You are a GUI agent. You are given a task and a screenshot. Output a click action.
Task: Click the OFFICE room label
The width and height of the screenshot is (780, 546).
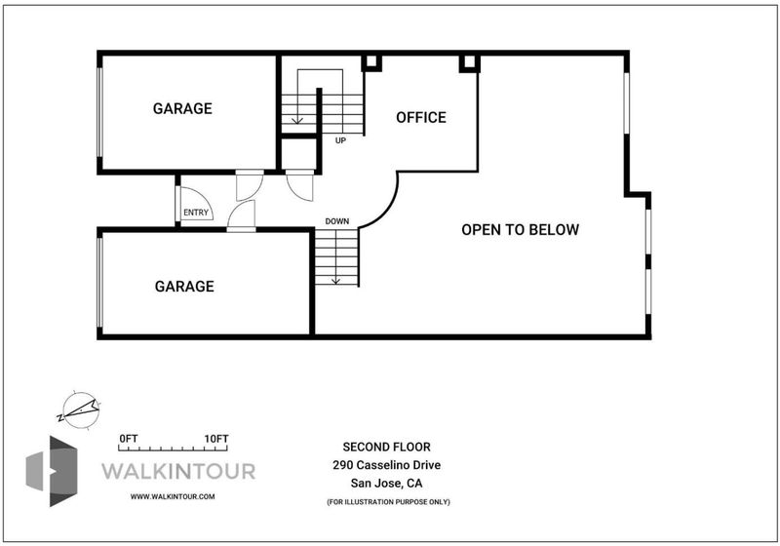point(421,117)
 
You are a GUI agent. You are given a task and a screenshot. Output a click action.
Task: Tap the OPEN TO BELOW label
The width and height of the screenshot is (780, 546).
point(521,230)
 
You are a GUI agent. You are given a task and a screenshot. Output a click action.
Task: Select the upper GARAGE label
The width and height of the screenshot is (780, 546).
point(182,108)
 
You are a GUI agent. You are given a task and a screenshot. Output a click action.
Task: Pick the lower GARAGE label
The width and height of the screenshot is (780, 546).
point(184,286)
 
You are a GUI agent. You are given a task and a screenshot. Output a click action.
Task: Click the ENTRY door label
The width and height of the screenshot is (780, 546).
point(196,213)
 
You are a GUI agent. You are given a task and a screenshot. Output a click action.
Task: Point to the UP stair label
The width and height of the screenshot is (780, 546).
point(340,140)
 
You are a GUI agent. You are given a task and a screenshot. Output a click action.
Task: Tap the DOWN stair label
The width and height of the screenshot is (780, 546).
point(337,221)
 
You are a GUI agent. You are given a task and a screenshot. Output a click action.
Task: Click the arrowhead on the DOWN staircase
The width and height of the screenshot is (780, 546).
point(335,282)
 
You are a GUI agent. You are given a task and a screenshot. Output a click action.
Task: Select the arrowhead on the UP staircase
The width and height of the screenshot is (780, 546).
point(297,120)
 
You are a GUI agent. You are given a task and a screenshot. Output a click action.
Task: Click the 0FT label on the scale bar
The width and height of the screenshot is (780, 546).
point(129,439)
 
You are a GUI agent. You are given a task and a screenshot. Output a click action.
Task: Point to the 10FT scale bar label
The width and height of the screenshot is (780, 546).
point(216,439)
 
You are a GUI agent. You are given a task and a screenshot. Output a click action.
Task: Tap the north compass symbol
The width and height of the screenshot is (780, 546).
point(80,410)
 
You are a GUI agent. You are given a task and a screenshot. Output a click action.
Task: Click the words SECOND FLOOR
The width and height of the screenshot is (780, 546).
point(386,447)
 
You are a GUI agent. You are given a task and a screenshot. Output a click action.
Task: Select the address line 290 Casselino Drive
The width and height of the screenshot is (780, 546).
point(386,465)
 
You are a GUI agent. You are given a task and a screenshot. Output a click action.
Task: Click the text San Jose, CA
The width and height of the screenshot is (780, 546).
point(386,483)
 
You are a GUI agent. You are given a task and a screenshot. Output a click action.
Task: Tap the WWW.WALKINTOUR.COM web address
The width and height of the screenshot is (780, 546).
point(173,496)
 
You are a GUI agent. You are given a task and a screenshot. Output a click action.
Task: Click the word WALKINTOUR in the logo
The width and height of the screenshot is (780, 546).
point(178,471)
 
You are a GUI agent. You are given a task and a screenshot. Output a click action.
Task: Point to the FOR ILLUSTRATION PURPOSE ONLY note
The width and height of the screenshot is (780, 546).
point(388,502)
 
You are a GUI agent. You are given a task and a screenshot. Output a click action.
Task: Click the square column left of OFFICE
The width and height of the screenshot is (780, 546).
point(371,63)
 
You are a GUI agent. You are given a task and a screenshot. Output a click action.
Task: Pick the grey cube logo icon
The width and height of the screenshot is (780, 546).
point(52,471)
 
